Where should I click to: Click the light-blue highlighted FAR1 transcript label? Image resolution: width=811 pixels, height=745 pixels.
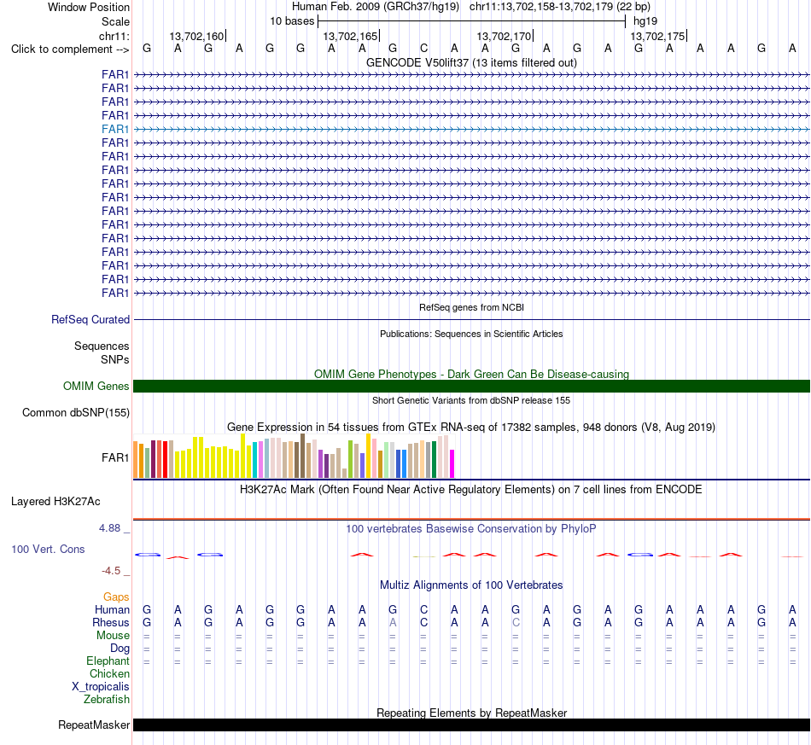115,129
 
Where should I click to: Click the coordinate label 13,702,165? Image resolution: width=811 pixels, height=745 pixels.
350,36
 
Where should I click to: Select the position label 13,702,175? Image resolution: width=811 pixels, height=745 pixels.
657,36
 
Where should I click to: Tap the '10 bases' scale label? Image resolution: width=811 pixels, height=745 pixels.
292,21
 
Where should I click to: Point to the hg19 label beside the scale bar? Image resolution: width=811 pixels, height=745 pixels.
645,21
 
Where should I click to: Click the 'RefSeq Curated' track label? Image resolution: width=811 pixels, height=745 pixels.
90,319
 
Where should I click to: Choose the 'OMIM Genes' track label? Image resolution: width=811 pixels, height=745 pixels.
96,387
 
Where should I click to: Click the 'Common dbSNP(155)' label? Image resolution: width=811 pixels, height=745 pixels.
76,412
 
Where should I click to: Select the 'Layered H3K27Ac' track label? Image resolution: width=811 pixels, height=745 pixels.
55,502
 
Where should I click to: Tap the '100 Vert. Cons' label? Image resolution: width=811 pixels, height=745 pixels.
48,549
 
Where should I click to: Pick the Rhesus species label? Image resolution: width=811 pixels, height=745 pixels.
111,622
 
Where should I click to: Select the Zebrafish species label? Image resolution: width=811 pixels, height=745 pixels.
107,700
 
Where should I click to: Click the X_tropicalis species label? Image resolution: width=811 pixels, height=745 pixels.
101,687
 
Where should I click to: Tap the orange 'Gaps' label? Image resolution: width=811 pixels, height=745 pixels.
116,597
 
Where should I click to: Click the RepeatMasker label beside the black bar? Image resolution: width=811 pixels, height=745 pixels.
94,725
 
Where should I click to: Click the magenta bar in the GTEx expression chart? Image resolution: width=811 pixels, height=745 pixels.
452,463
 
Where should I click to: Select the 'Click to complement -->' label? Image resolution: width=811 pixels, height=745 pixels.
70,49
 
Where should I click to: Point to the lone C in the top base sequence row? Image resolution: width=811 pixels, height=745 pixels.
423,48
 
